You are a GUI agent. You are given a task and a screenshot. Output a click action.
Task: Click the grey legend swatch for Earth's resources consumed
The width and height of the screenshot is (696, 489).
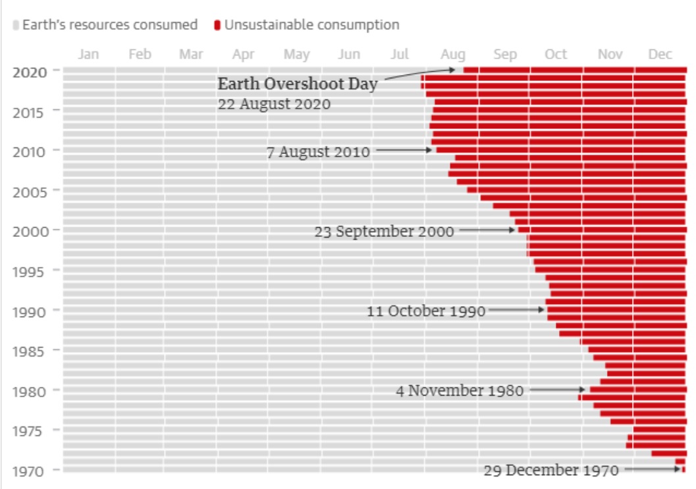tap(16, 26)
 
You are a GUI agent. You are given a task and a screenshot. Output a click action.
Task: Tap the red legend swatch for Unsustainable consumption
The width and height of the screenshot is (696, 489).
tap(217, 26)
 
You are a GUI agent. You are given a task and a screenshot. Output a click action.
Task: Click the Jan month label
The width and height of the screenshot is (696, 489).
tap(88, 55)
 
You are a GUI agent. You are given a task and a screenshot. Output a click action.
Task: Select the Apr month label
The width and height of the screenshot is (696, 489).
tap(244, 55)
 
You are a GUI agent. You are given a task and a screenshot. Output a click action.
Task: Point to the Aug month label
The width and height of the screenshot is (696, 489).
tap(452, 55)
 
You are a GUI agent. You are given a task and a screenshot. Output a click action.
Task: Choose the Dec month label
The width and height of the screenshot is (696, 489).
tap(660, 55)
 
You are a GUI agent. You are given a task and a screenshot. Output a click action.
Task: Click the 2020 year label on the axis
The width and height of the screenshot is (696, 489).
tap(30, 72)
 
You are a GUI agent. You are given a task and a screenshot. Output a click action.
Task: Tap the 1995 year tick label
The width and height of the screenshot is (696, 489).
tap(30, 271)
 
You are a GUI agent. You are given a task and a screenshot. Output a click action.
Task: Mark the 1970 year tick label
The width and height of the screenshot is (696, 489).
tap(30, 471)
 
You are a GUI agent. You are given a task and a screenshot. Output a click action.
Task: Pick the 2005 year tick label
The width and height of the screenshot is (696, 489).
tap(30, 192)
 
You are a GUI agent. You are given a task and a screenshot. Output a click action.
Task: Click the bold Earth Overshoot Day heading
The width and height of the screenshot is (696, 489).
tap(298, 84)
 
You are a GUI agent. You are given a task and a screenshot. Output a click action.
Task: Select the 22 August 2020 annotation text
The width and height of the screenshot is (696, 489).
tap(274, 104)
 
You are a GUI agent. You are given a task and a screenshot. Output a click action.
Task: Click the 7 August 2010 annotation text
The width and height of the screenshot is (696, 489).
tap(318, 152)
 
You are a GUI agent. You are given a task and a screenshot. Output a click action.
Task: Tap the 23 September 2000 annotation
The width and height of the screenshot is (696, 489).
tap(384, 232)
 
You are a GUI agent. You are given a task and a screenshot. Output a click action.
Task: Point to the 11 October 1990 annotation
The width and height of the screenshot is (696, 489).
tap(425, 311)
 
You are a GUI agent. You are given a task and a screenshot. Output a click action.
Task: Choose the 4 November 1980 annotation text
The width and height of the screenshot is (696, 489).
tap(459, 391)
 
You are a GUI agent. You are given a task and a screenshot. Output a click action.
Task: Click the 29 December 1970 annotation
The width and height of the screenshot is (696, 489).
tap(551, 471)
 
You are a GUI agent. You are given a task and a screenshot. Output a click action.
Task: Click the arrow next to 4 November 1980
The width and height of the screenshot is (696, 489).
tap(557, 390)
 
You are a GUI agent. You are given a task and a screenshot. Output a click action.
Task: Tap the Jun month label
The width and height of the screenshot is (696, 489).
tap(349, 55)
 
